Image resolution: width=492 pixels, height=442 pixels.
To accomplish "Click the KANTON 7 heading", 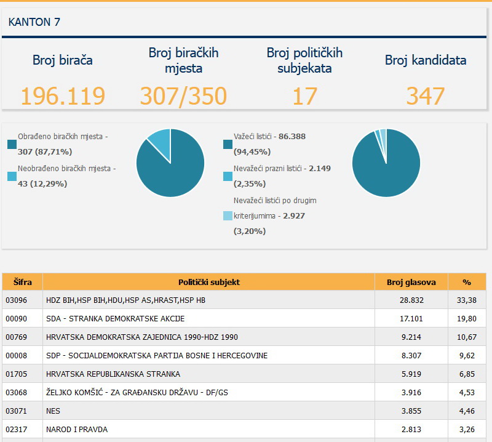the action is tap(34, 22).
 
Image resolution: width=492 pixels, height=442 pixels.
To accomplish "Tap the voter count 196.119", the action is tap(63, 96).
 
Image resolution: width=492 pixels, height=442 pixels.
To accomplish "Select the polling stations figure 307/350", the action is tap(183, 96).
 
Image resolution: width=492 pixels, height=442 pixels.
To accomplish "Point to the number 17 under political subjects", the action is tap(304, 96).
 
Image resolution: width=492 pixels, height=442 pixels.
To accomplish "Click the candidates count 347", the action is tap(426, 96).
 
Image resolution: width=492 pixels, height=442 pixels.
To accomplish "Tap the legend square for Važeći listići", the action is tap(228, 145).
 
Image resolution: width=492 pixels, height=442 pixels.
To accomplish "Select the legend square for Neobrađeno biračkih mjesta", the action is tap(12, 176).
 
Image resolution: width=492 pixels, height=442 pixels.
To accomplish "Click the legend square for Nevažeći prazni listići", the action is tap(228, 176).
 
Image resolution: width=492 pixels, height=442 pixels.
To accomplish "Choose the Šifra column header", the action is tap(23, 282).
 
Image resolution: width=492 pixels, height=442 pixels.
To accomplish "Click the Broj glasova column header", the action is tap(411, 282).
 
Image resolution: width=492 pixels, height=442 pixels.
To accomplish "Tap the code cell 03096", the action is tap(17, 300).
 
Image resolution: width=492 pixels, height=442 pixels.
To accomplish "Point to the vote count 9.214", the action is tap(411, 337).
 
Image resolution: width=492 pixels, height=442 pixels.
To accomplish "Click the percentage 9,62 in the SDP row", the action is tap(467, 356).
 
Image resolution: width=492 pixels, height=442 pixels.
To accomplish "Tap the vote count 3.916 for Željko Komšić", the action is tap(411, 392).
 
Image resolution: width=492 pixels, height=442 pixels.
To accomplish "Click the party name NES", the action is tap(53, 411).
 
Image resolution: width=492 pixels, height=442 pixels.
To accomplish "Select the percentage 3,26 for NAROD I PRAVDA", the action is tap(467, 430).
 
